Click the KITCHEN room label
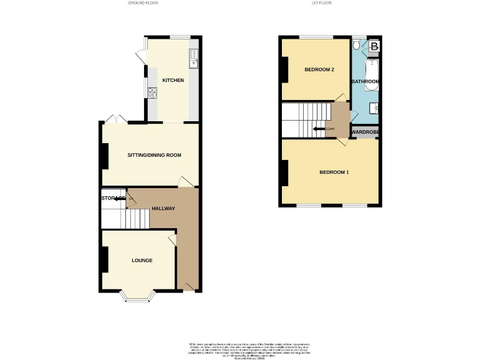pos(173,81)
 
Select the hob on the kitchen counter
pos(152,93)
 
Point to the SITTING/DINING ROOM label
pos(154,155)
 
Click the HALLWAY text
pos(163,209)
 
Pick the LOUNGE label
pos(142,261)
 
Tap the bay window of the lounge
pos(135,297)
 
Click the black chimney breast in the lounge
pos(104,259)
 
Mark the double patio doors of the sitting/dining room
pos(113,119)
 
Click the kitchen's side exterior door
pos(139,55)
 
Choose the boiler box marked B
pos(374,46)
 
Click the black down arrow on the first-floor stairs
pos(319,129)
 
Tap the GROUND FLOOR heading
pos(143,3)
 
